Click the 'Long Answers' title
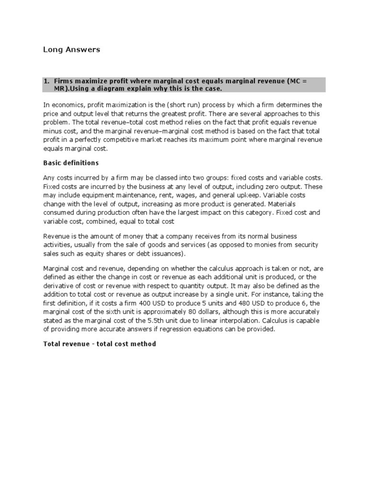click(71, 49)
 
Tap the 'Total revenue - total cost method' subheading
click(100, 344)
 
